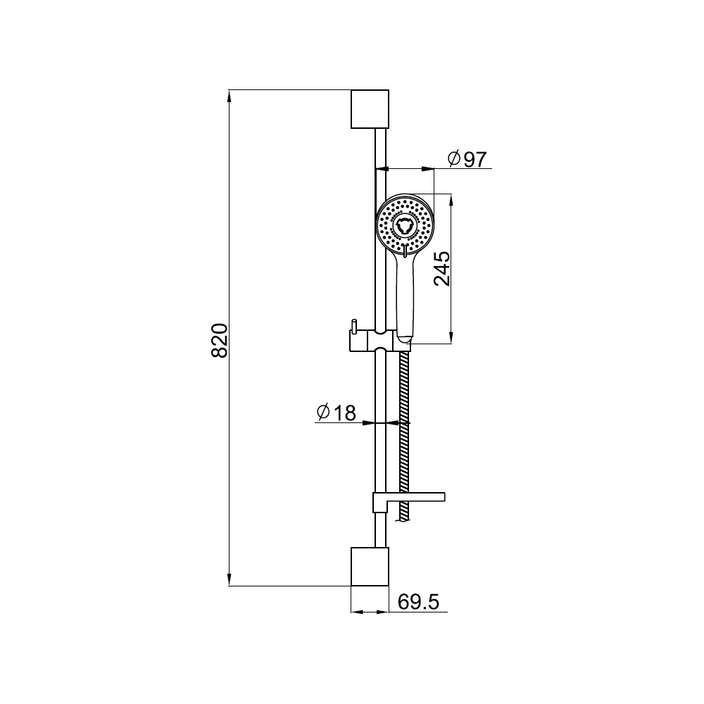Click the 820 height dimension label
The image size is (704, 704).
220,340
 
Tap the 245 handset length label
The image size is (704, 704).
442,268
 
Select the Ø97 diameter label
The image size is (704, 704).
467,159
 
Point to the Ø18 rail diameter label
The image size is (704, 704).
337,413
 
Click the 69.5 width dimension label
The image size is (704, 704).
418,602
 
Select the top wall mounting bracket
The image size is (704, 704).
370,109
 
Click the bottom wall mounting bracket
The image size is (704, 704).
370,567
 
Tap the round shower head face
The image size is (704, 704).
405,223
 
